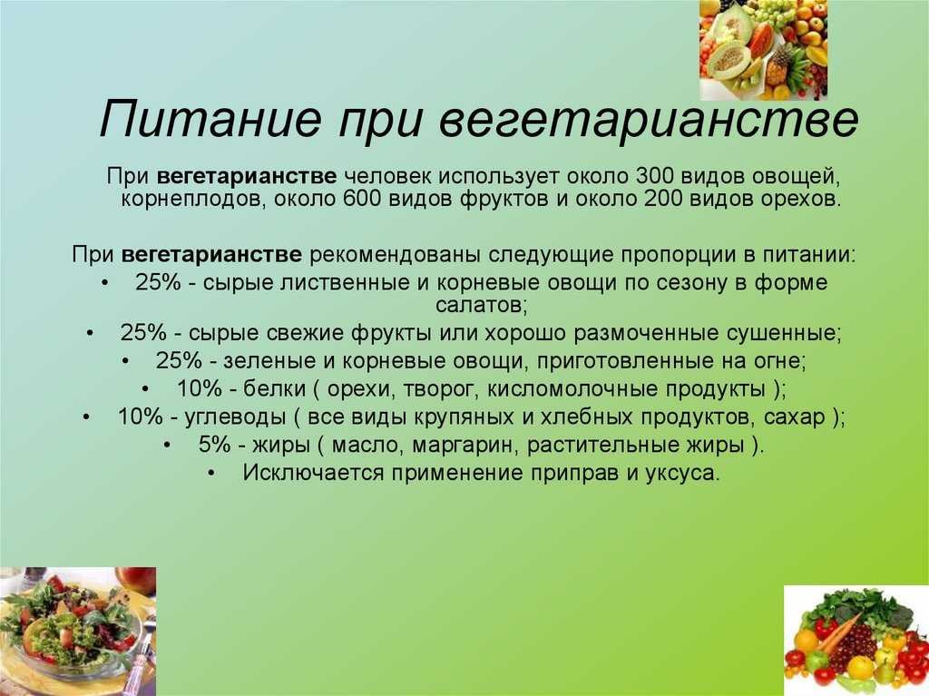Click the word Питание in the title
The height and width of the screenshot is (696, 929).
pos(210,119)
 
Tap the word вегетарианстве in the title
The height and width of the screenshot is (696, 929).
pos(648,123)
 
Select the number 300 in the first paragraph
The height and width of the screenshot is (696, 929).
pos(655,176)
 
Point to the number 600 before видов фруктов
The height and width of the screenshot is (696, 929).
pos(362,199)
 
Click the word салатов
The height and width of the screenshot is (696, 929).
pos(481,305)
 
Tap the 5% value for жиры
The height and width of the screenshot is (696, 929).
pos(214,445)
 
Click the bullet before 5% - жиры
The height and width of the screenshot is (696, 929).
pos(168,446)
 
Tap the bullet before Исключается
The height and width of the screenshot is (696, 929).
pos(212,473)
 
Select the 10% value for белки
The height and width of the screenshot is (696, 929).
pos(199,389)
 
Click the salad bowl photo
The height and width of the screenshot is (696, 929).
pos(78,632)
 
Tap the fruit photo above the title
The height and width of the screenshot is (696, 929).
pos(764,50)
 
